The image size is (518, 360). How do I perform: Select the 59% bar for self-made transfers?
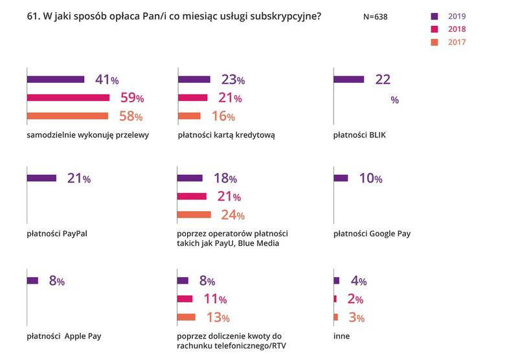coord(69,98)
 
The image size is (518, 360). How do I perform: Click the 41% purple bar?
coord(56,80)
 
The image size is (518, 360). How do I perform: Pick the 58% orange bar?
coord(67,116)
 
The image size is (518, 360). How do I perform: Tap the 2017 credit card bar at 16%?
coord(189,116)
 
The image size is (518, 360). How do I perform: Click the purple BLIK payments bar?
coord(348,80)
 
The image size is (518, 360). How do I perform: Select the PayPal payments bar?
coord(41,178)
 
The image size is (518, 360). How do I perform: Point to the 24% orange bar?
coord(194,214)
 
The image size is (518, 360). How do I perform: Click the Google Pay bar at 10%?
coord(341,178)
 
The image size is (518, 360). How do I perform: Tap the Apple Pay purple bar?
coord(33,280)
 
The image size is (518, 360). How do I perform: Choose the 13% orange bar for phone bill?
coord(186,317)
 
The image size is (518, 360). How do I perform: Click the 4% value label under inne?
coord(359,281)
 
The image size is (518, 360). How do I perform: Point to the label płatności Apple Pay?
coord(63,336)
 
